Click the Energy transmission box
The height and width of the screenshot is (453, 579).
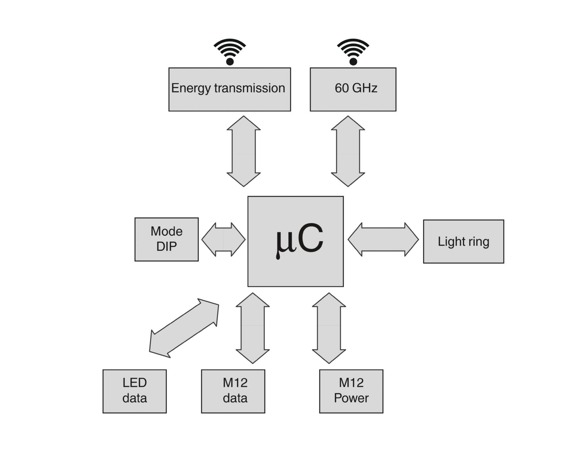(x=229, y=89)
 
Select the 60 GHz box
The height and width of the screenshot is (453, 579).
(x=353, y=89)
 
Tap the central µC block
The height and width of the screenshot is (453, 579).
(x=295, y=241)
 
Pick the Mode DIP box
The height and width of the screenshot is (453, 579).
(x=166, y=239)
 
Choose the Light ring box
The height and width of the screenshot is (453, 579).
(x=463, y=242)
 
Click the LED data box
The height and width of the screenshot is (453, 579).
(x=134, y=391)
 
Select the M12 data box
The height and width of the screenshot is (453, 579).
(x=233, y=391)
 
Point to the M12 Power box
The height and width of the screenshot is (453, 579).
(x=351, y=391)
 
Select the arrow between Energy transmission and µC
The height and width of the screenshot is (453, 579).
(x=244, y=151)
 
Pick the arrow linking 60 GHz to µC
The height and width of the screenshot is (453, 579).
(x=348, y=151)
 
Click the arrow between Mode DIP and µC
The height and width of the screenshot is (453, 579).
(x=223, y=239)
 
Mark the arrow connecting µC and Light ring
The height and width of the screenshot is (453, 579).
(x=383, y=239)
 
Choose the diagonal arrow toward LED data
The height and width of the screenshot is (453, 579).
(x=184, y=328)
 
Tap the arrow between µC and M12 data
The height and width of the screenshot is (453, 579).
(x=252, y=328)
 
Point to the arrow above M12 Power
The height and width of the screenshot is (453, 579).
(x=329, y=328)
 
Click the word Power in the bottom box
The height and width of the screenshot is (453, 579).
(x=351, y=398)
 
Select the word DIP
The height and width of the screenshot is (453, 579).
(x=166, y=247)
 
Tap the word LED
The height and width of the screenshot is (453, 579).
(x=134, y=383)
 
